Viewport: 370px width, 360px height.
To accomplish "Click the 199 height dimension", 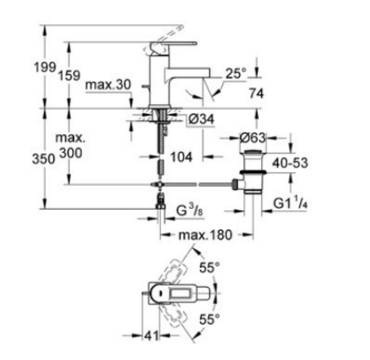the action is [45, 67].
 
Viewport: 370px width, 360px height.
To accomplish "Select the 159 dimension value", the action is [69, 75].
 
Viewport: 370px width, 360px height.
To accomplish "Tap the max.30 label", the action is [108, 85].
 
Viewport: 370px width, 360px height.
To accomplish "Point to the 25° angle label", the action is [236, 73].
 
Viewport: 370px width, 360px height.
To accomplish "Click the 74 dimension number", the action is [256, 93].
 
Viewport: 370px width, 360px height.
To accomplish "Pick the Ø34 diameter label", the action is [202, 119].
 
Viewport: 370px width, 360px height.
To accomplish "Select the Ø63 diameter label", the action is [252, 138].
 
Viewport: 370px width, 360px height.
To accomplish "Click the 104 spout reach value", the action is [181, 157].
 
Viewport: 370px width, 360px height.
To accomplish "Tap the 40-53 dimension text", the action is [290, 163].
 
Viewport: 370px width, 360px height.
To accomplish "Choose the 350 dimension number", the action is [43, 158].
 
